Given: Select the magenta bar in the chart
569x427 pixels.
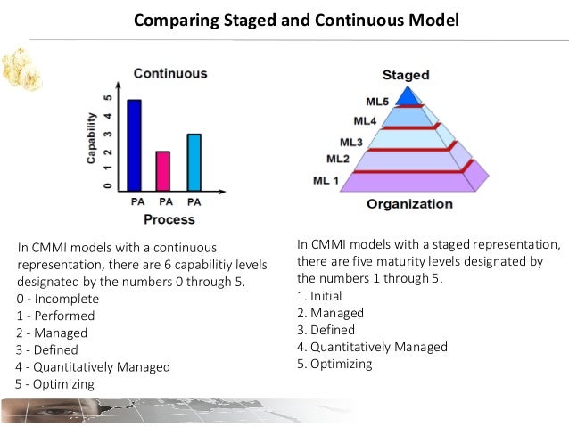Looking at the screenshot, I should pyautogui.click(x=163, y=170).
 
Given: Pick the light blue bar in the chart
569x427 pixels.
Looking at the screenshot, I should pyautogui.click(x=194, y=161).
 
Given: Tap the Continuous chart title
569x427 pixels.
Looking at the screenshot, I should pyautogui.click(x=169, y=73).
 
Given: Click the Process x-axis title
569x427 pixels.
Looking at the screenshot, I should pyautogui.click(x=169, y=218).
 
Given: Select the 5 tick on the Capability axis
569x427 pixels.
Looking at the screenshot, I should pyautogui.click(x=108, y=98).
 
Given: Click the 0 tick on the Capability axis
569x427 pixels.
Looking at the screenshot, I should pyautogui.click(x=108, y=185).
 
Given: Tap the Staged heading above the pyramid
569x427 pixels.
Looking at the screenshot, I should pyautogui.click(x=406, y=75).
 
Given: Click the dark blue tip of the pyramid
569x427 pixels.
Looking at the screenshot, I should pyautogui.click(x=408, y=94).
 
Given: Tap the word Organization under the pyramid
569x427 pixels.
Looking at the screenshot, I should pyautogui.click(x=409, y=203).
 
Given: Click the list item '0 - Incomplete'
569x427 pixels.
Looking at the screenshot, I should pyautogui.click(x=57, y=299).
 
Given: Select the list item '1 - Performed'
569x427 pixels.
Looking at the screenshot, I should pyautogui.click(x=55, y=316).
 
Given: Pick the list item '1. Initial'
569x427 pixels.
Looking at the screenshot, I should pyautogui.click(x=319, y=296).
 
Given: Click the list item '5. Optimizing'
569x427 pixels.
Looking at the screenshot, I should pyautogui.click(x=334, y=364).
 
